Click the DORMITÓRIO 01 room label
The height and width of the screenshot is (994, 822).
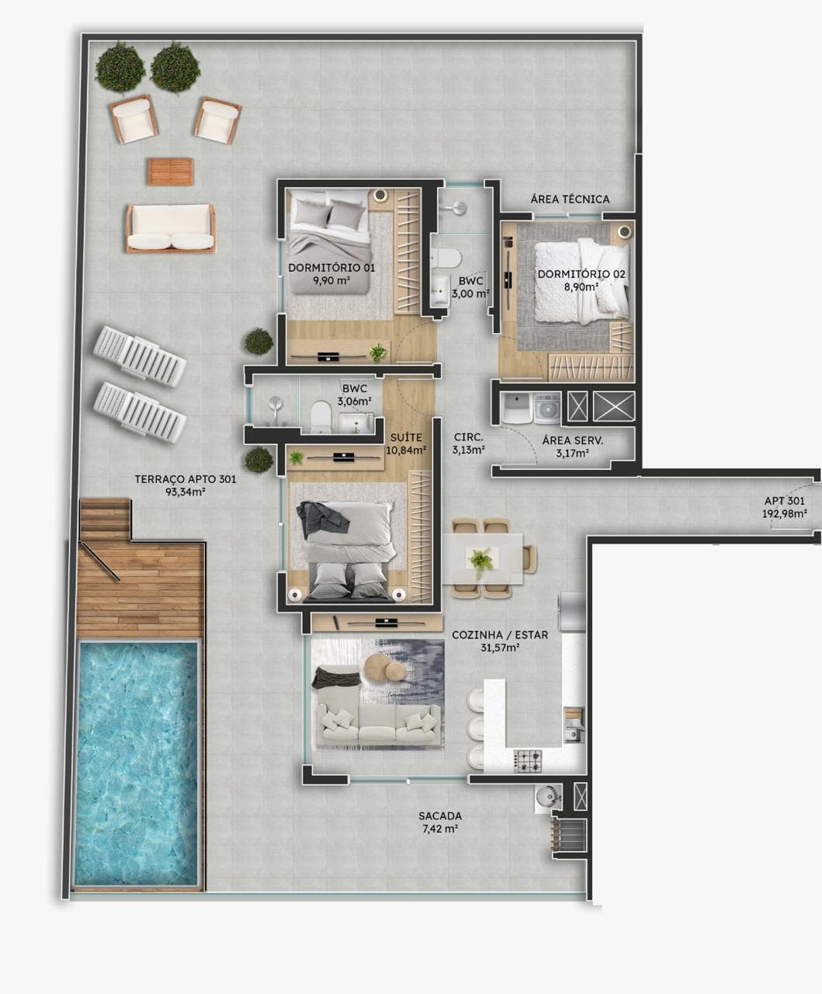331,268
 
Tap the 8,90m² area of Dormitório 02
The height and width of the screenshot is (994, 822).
581,287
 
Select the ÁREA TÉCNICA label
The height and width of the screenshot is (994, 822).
570,199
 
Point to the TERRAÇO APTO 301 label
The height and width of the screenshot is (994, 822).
186,479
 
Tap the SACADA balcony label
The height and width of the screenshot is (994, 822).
440,815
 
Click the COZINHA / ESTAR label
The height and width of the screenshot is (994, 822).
500,634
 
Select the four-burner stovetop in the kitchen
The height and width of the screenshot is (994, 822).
529,761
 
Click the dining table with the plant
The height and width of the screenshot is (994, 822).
483,558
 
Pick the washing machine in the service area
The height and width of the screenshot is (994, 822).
546,408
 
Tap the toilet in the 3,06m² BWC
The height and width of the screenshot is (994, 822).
321,416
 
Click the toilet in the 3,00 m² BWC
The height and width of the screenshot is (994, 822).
446,258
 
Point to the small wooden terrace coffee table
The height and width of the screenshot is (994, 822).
171,172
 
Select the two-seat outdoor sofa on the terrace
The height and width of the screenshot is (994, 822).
171,228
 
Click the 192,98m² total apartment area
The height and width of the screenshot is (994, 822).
785,513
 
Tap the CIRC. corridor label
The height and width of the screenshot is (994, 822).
468,437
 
